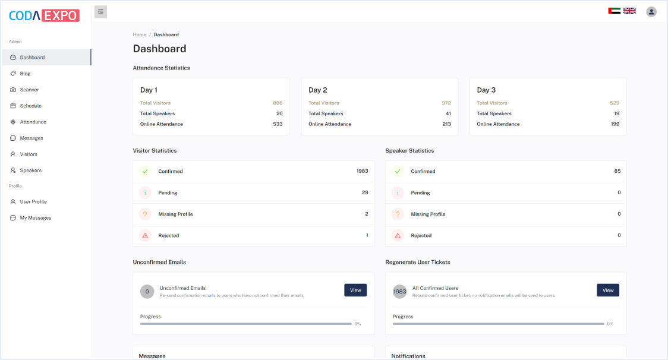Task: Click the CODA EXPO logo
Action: [x=44, y=15]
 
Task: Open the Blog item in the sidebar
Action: [x=25, y=74]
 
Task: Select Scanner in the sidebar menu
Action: [x=29, y=90]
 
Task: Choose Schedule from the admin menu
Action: [x=30, y=106]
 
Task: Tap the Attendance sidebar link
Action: [x=33, y=122]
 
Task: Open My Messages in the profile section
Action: [x=35, y=218]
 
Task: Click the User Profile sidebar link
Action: [x=33, y=202]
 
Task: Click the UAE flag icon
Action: [x=615, y=11]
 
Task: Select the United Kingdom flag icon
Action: [x=629, y=11]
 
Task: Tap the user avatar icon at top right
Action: [x=651, y=12]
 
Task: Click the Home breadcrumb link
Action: [x=140, y=34]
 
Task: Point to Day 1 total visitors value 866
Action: [x=278, y=103]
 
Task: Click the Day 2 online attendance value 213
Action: [x=446, y=124]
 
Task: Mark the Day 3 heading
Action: [x=486, y=90]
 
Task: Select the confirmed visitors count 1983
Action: [x=362, y=171]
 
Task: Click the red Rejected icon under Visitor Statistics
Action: [x=145, y=236]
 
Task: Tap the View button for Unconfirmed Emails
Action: [x=355, y=290]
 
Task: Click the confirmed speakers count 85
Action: [x=617, y=171]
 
